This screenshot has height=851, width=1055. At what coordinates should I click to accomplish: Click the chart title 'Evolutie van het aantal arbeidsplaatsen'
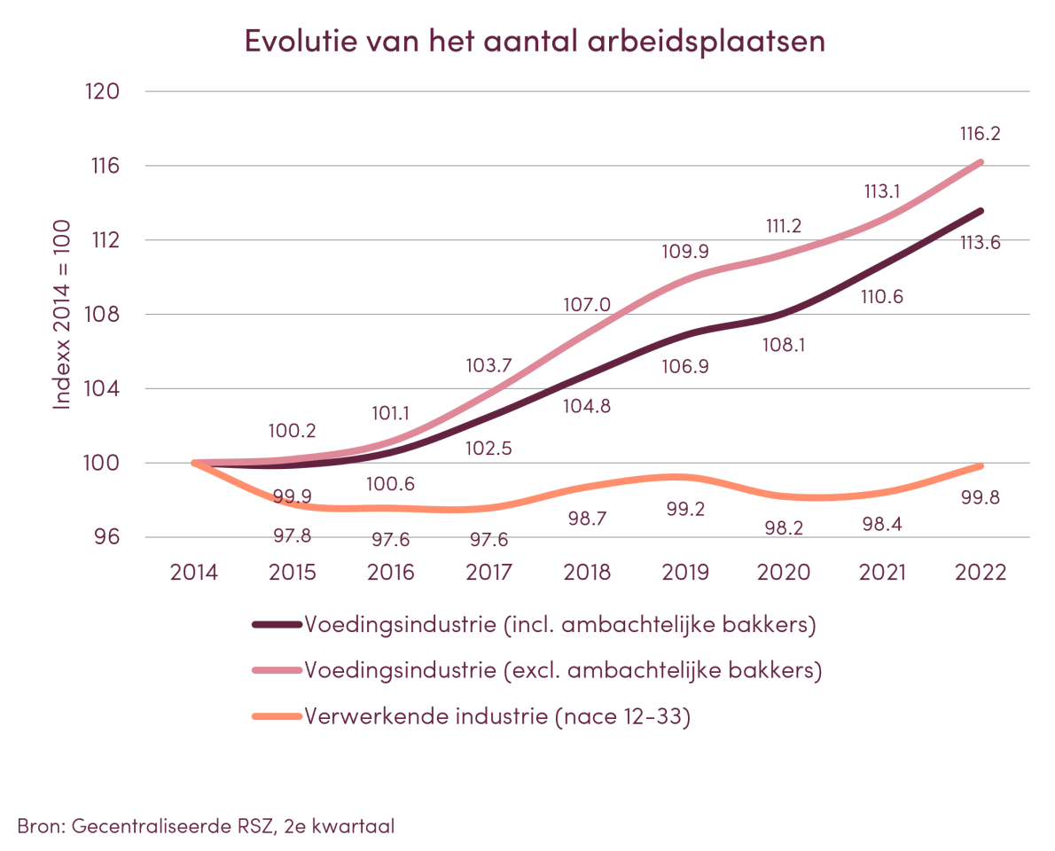pos(535,42)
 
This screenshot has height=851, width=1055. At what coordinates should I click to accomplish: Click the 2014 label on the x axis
pos(194,572)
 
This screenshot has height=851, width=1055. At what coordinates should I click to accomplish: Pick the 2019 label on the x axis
pos(685,572)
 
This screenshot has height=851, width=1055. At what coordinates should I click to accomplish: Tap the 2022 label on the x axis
pos(981,572)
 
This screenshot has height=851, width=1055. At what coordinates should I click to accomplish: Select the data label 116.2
pos(979,135)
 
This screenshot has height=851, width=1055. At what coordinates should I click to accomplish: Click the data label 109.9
pos(685,250)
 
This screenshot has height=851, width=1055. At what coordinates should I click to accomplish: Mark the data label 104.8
pos(587,407)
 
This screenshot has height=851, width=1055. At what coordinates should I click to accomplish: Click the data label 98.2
pos(784,528)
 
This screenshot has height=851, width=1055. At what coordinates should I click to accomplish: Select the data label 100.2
pos(293,432)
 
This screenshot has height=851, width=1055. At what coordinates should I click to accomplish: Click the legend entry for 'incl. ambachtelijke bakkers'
pos(559,624)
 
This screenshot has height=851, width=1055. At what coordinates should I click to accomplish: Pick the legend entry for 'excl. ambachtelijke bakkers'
pos(563,670)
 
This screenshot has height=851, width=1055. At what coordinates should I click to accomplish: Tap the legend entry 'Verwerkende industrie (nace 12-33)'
pos(497,716)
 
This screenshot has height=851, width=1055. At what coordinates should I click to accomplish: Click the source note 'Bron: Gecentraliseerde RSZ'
pos(206,826)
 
